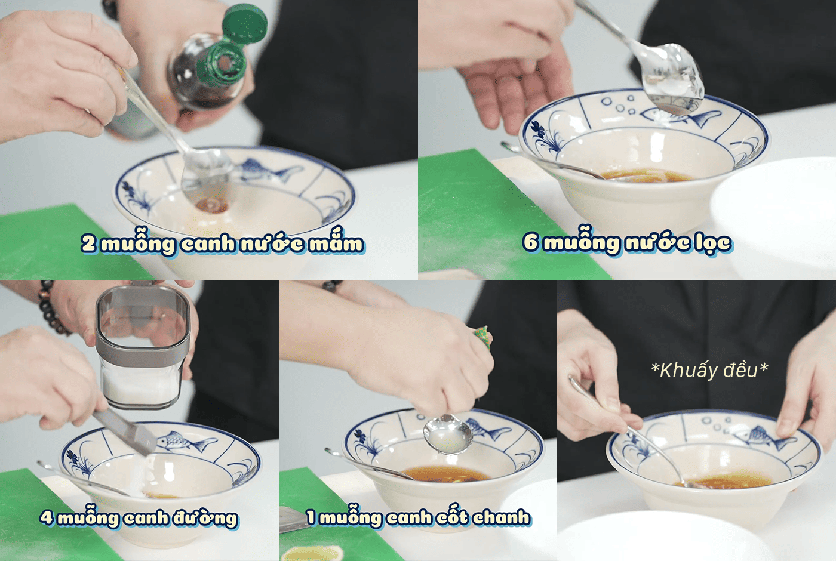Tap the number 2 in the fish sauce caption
88,244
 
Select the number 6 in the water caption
531,242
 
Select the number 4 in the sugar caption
47,517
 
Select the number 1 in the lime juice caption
311,517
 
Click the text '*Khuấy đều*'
709,370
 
